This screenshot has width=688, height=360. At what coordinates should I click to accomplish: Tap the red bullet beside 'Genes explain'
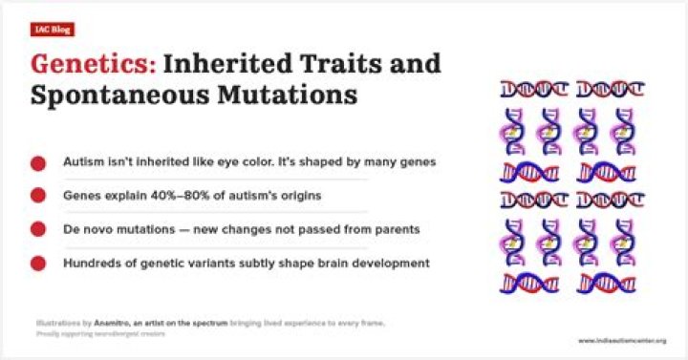click(38, 196)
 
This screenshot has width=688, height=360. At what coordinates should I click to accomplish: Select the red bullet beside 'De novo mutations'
click(38, 229)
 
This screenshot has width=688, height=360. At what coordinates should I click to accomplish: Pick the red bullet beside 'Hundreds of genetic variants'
click(38, 263)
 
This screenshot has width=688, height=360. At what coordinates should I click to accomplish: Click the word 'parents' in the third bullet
click(396, 229)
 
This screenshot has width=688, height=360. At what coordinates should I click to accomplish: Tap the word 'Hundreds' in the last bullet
click(92, 263)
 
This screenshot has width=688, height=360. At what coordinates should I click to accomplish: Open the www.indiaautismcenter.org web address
click(621, 340)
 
